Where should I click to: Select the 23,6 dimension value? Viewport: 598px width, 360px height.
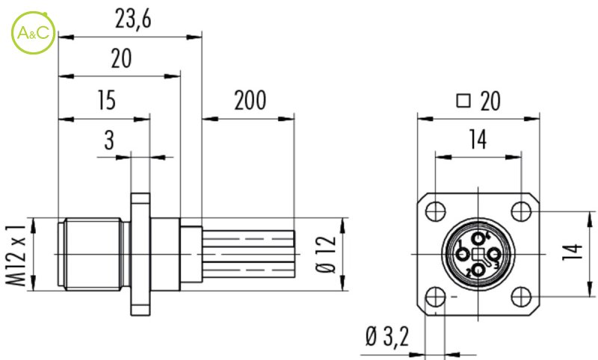point(133,19)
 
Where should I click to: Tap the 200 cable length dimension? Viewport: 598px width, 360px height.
point(250,101)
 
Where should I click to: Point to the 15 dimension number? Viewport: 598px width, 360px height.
point(106,100)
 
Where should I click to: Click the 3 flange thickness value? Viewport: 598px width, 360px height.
point(109,140)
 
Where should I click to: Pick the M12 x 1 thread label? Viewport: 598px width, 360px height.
point(16,255)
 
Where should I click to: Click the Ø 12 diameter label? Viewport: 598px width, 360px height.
point(327,255)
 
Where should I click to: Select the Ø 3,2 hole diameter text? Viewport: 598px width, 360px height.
point(387,337)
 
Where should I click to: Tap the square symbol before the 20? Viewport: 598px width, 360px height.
point(463,101)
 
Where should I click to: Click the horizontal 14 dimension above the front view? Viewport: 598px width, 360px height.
point(478,140)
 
